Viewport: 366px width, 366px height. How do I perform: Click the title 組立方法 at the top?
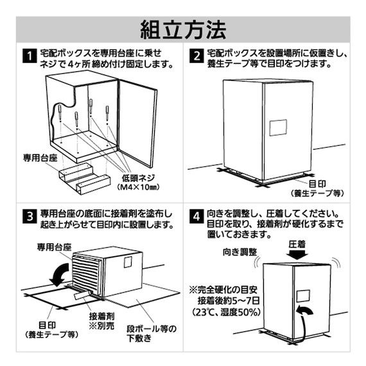pyautogui.click(x=183, y=29)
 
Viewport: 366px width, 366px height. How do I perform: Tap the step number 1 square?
pyautogui.click(x=28, y=57)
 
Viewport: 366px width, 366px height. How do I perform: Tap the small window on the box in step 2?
pyautogui.click(x=277, y=127)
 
